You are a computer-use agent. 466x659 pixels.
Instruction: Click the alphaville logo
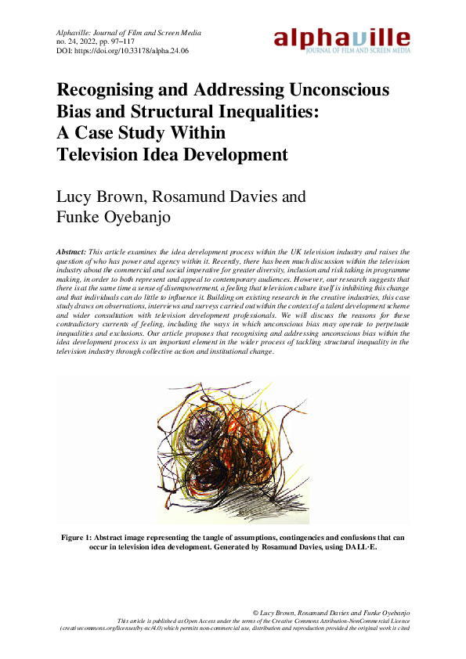(341, 40)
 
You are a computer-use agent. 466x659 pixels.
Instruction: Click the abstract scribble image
(232, 452)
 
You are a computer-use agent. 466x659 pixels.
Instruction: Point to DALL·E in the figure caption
(361, 546)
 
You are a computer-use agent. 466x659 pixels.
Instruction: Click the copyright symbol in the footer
(257, 610)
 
